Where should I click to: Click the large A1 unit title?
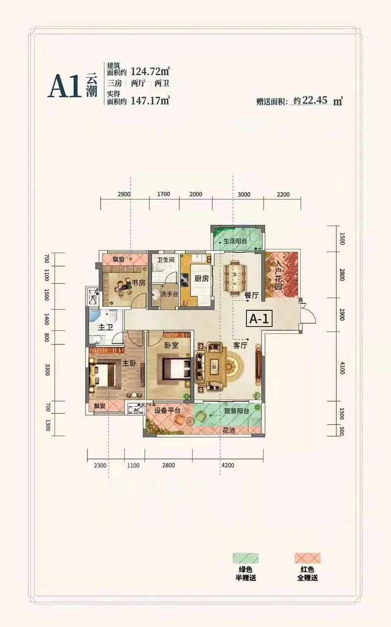click(x=65, y=86)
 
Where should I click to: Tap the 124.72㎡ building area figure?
click(x=151, y=71)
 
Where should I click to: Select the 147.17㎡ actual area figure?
click(x=151, y=100)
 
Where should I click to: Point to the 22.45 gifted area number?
click(x=315, y=100)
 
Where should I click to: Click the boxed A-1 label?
click(x=260, y=319)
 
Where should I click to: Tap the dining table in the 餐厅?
click(x=235, y=278)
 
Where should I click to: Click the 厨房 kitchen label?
click(x=201, y=279)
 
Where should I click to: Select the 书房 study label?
click(x=139, y=283)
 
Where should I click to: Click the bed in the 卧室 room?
click(x=176, y=369)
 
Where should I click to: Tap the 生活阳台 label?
click(x=235, y=241)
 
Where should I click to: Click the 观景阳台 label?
click(x=237, y=411)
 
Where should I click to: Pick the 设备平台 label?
click(x=168, y=410)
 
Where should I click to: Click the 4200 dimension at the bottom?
click(x=228, y=465)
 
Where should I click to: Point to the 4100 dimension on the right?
click(x=342, y=368)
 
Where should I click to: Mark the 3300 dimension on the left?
click(x=47, y=370)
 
